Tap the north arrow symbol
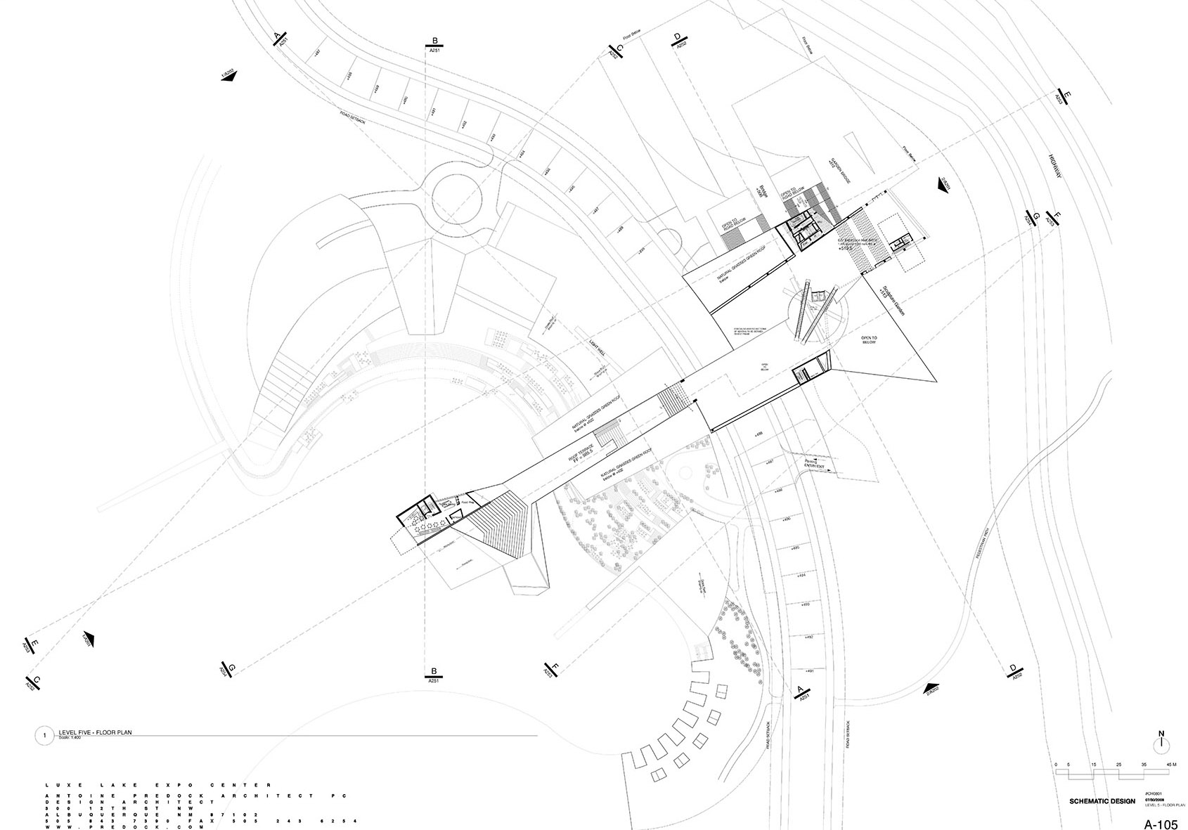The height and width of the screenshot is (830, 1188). pos(1161,742)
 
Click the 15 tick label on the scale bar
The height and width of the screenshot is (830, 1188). pos(1093,765)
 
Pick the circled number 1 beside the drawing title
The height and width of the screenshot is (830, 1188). pos(44,736)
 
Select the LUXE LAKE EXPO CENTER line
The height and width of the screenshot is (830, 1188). pos(158,784)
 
